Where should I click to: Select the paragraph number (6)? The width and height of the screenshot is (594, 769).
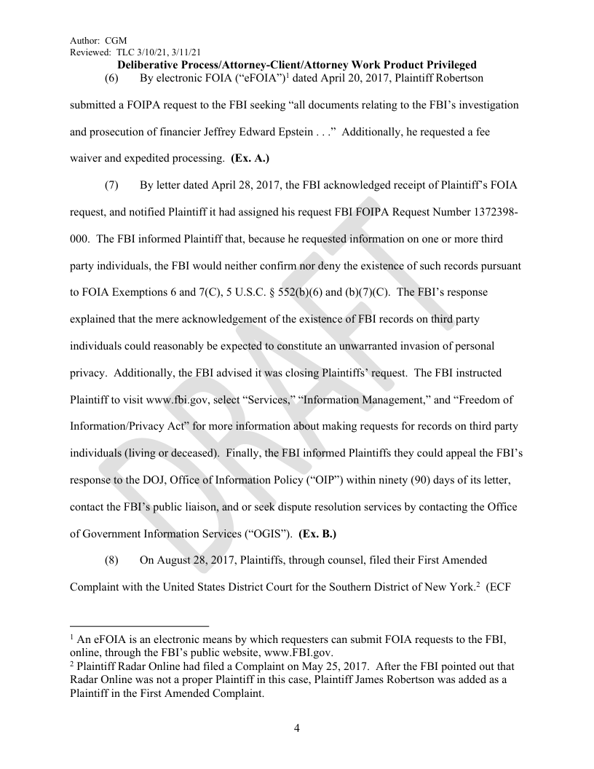pos(112,78)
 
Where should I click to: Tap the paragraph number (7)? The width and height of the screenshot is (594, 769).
pos(112,185)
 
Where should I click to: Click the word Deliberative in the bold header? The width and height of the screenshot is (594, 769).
pos(152,66)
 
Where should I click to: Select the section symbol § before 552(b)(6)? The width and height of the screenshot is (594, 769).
pos(288,292)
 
